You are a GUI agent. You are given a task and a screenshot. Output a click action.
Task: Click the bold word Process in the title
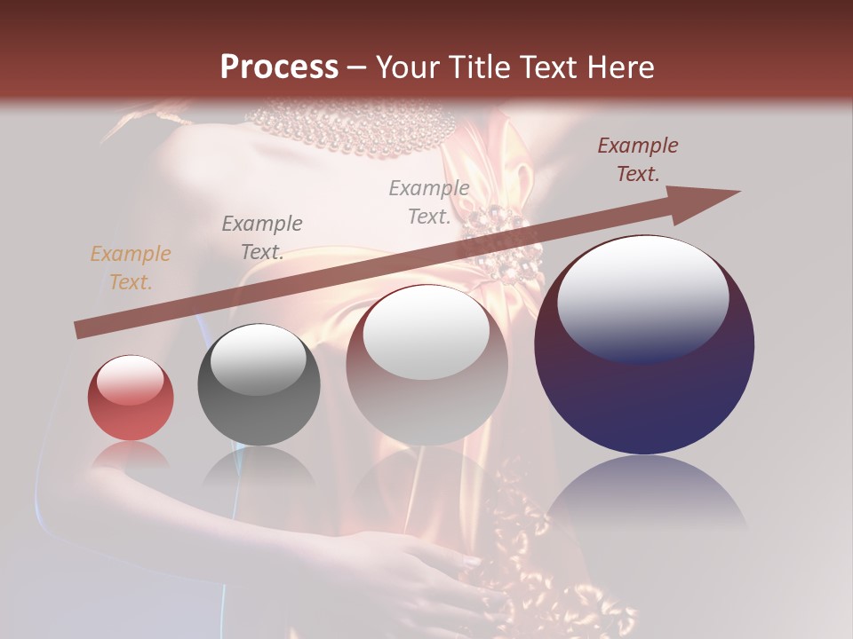tap(279, 67)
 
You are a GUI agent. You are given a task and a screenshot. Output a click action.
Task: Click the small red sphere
tap(131, 398)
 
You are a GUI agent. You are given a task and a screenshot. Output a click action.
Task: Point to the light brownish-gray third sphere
tap(426, 373)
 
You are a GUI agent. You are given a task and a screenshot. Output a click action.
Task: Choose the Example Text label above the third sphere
tap(429, 202)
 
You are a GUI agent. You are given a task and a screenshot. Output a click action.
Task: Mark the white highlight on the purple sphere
tap(643, 299)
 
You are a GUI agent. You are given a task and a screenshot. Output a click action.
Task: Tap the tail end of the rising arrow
tap(82, 330)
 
